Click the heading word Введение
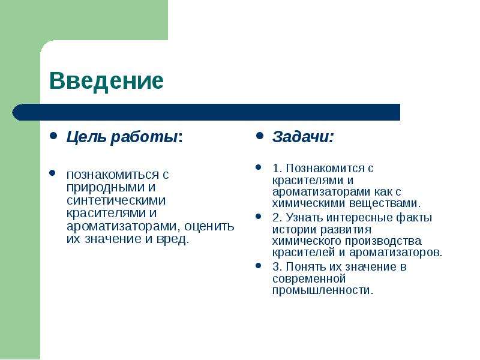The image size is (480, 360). click(106, 81)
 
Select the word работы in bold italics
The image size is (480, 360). click(144, 137)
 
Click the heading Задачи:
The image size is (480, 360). click(303, 137)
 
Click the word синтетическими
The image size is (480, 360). click(116, 200)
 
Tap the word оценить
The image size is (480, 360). click(209, 226)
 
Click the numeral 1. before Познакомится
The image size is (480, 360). click(277, 168)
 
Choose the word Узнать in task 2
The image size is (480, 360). click(304, 218)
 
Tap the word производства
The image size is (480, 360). click(383, 241)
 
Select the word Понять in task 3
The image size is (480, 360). click(305, 267)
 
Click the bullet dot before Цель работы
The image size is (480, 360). click(53, 136)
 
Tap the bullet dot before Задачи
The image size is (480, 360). click(259, 136)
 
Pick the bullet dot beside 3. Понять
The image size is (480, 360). click(259, 265)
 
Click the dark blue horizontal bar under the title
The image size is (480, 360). click(206, 112)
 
